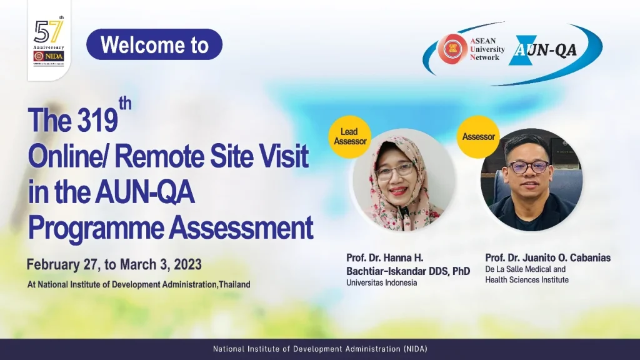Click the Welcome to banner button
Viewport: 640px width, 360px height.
tap(154, 45)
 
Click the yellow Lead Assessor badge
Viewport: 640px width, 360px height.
tap(349, 137)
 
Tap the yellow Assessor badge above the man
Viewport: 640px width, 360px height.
tap(478, 137)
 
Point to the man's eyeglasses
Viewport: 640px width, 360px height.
tap(528, 167)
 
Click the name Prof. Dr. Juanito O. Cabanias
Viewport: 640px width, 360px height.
tap(547, 257)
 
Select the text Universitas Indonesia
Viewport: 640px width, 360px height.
tap(381, 282)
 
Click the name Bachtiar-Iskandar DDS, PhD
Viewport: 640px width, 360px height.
tap(407, 271)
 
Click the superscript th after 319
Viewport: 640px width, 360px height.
tap(125, 104)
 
